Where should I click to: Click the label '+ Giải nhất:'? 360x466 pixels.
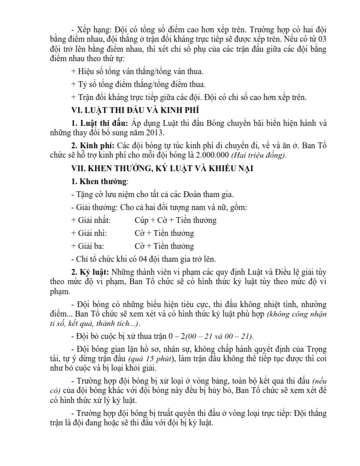(89, 220)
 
